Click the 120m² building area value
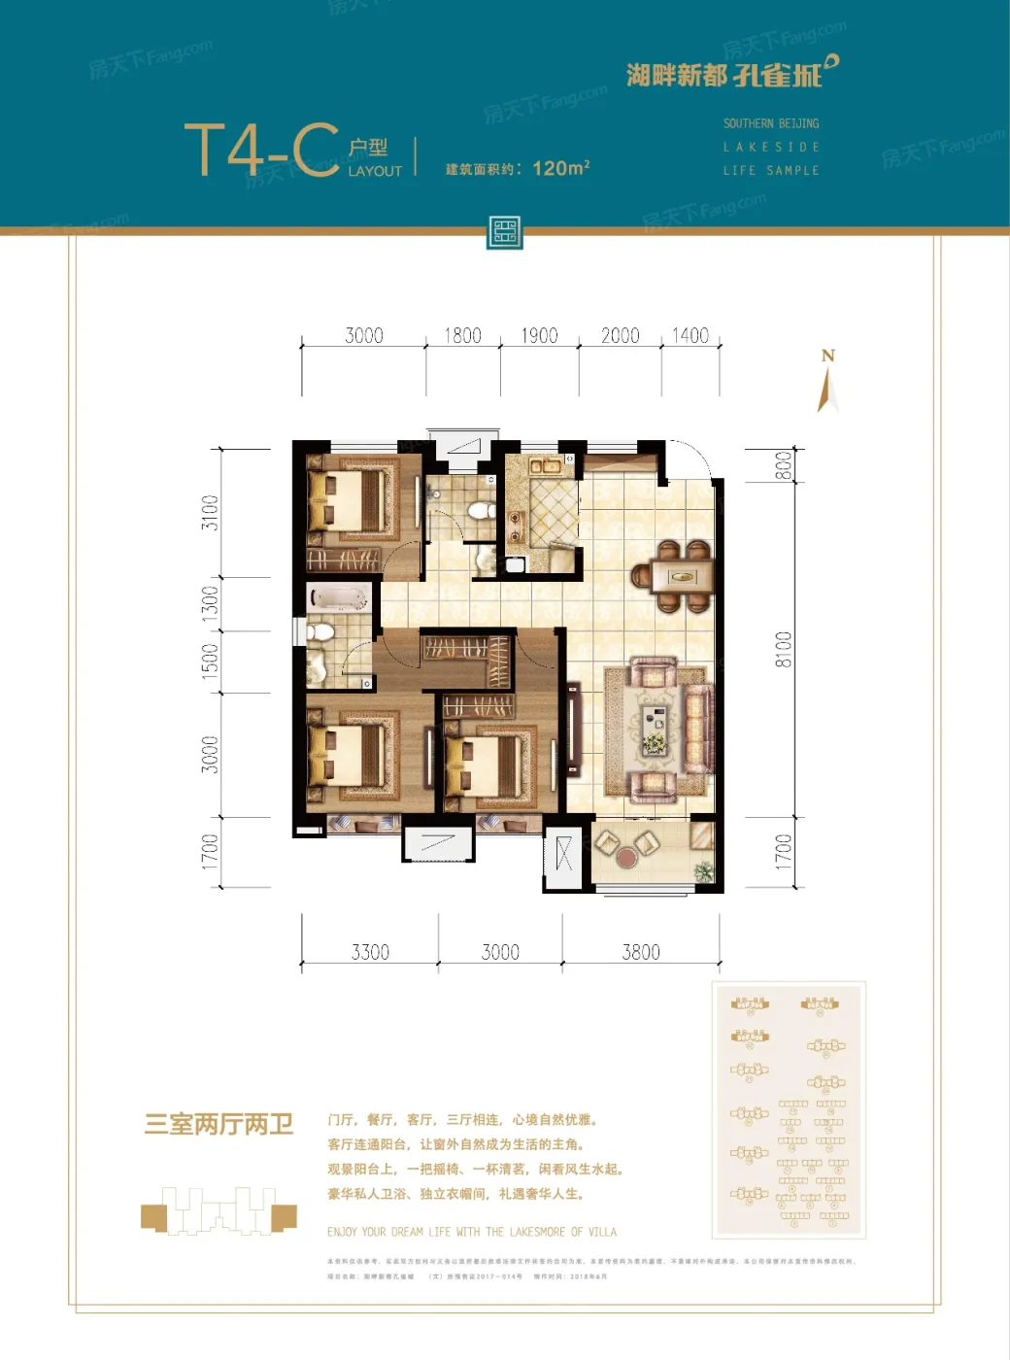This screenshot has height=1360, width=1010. pos(560,168)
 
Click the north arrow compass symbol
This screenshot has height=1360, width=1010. pos(827,383)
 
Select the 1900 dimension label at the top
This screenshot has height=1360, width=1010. pos(539,336)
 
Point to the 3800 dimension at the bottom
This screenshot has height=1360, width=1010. pos(641,952)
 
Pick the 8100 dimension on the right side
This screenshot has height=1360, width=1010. pos(783,650)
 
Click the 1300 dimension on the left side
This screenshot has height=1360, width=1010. pos(210,603)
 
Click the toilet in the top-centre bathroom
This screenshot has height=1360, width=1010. pos(479,510)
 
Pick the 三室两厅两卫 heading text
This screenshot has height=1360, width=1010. pos(219,1125)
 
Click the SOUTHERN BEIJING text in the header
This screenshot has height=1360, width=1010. pos(771,124)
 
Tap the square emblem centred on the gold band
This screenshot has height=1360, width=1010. pos(505,232)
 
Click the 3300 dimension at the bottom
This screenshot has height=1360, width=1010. pos(370,952)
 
